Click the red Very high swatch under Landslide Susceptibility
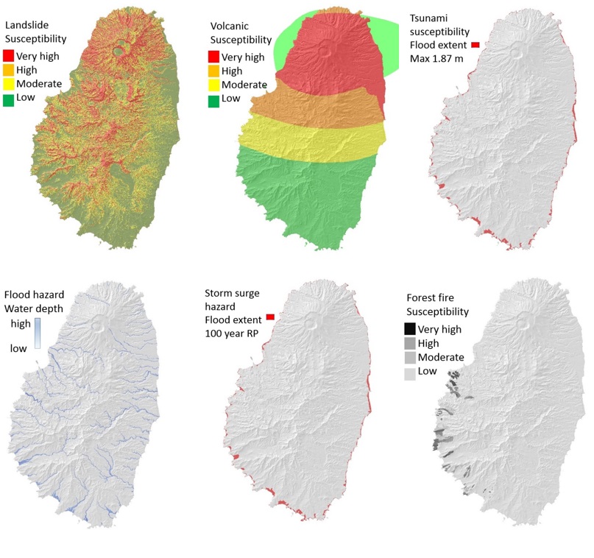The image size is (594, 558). coord(9,56)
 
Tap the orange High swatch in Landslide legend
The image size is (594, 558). coord(9,70)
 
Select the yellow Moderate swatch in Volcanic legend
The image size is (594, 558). coord(213,85)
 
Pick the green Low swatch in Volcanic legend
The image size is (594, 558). coord(213,99)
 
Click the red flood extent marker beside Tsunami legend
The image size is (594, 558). coord(475,46)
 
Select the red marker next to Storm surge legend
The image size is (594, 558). coord(269,317)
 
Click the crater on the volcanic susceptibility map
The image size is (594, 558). coord(322,52)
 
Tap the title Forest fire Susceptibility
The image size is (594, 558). coord(437,305)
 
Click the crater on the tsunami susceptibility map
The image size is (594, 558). coord(522,52)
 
